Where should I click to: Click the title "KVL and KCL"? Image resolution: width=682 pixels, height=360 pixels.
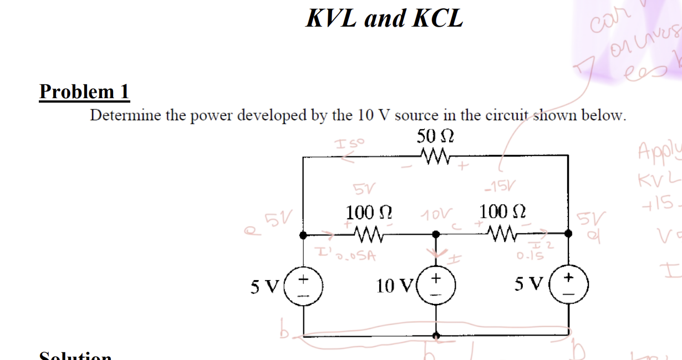pyautogui.click(x=384, y=18)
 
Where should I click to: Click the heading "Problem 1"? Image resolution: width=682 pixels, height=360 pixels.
pyautogui.click(x=84, y=92)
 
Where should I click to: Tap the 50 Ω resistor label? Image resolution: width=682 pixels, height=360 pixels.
pyautogui.click(x=435, y=136)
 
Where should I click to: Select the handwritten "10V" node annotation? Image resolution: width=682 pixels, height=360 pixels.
pyautogui.click(x=436, y=214)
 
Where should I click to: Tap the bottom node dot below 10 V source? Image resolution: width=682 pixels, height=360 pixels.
pyautogui.click(x=436, y=335)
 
